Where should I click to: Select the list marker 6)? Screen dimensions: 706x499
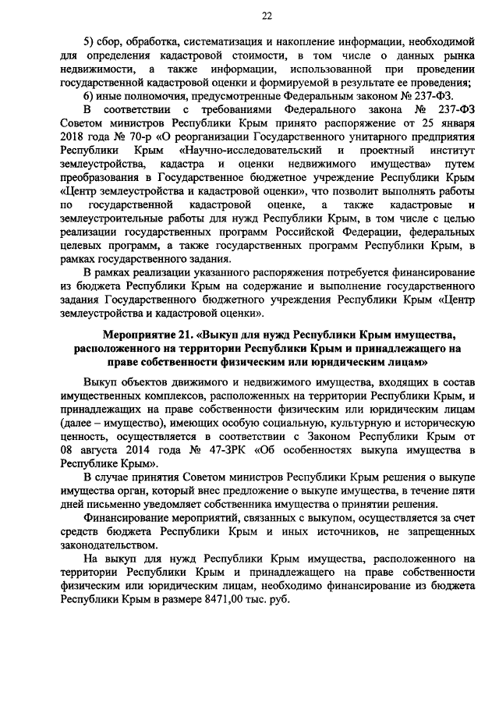(89, 95)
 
